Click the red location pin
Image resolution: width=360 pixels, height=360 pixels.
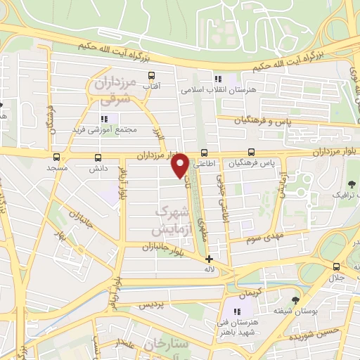pyautogui.click(x=180, y=165)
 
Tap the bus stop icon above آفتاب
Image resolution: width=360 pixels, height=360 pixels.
pyautogui.click(x=151, y=76)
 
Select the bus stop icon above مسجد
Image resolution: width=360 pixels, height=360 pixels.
pyautogui.click(x=56, y=157)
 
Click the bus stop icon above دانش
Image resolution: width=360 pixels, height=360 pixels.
pyautogui.click(x=97, y=157)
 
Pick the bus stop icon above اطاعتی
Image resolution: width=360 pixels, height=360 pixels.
pyautogui.click(x=204, y=152)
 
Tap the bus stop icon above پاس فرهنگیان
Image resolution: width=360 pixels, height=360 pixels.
pyautogui.click(x=251, y=152)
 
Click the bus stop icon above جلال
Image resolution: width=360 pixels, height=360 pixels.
pyautogui.click(x=337, y=266)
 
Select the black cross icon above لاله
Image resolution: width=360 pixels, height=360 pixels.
pyautogui.click(x=209, y=259)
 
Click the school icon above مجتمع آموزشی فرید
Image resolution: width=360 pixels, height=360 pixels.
pyautogui.click(x=105, y=119)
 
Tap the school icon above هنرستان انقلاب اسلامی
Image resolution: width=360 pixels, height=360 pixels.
pyautogui.click(x=219, y=79)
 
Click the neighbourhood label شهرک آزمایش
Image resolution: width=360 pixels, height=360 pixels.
pyautogui.click(x=172, y=219)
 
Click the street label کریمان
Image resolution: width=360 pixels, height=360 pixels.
pyautogui.click(x=251, y=291)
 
